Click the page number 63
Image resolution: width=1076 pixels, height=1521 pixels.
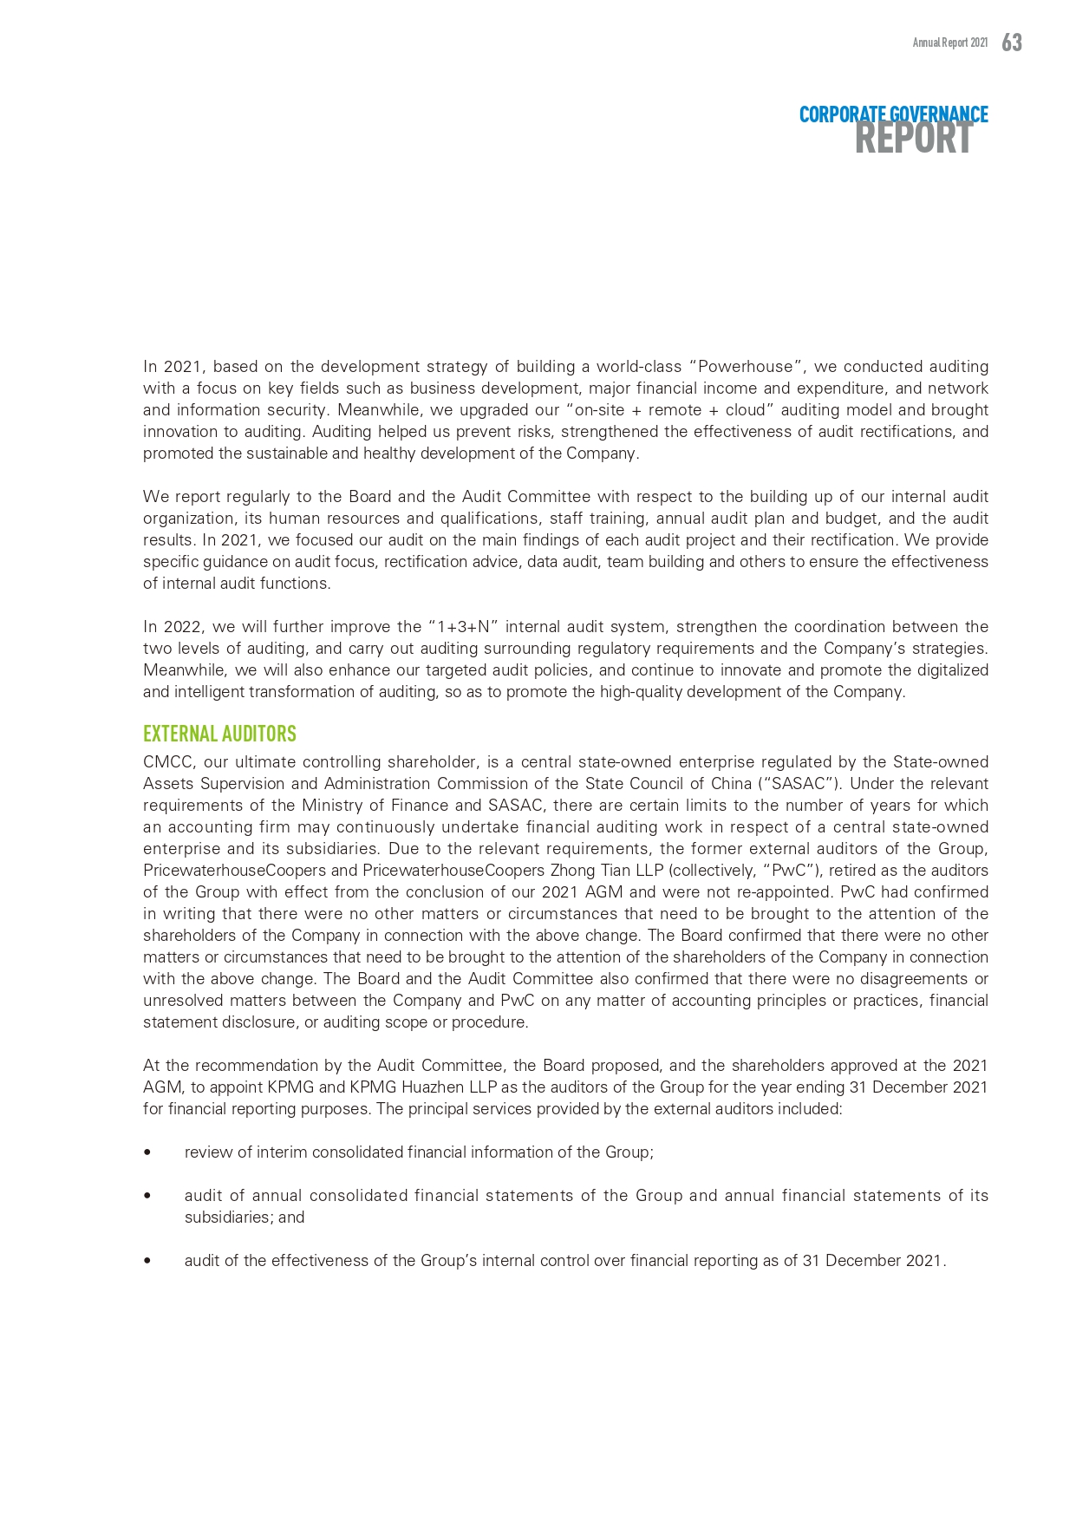tap(1012, 42)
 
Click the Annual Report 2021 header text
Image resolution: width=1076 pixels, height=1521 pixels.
tap(949, 42)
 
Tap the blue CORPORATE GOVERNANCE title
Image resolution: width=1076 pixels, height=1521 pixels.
tap(893, 114)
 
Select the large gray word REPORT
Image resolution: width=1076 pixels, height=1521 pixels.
tap(913, 139)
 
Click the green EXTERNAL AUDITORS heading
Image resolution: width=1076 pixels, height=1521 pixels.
tap(219, 734)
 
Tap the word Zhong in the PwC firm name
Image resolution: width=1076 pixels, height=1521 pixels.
tap(571, 871)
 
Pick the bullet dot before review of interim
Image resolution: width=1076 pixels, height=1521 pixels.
tap(147, 1152)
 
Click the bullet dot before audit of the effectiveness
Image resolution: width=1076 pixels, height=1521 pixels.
tap(147, 1261)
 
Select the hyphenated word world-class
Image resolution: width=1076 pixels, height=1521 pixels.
tap(640, 367)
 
